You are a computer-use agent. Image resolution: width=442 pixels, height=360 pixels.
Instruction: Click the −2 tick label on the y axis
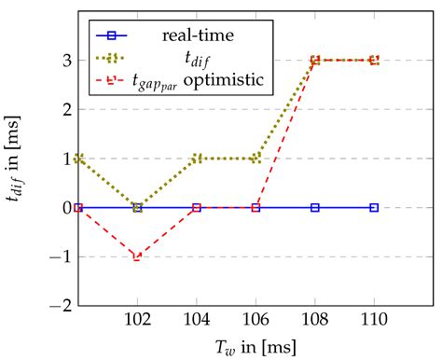[62, 305]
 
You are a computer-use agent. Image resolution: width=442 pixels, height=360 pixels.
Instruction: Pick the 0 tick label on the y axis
[66, 207]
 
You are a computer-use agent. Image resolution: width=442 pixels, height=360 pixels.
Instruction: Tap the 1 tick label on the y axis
[66, 159]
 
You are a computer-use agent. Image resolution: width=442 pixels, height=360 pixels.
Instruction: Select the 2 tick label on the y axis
[66, 109]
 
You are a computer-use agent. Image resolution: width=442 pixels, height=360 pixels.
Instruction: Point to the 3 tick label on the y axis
[66, 61]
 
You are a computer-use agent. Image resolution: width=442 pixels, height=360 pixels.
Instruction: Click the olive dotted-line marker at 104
[197, 159]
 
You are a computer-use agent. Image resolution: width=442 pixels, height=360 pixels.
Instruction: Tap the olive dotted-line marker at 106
[256, 159]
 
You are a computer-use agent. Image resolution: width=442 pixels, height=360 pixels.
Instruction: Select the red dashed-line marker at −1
[138, 256]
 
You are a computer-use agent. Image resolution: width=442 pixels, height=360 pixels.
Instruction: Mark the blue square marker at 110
[374, 207]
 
